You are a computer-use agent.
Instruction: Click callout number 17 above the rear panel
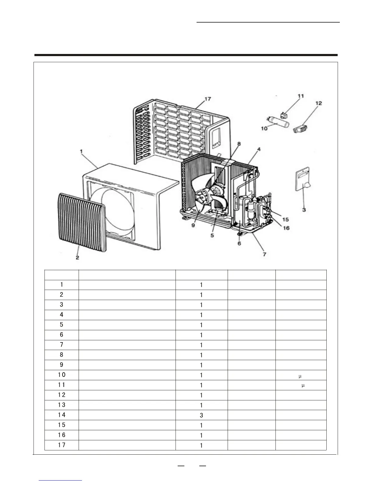(208, 99)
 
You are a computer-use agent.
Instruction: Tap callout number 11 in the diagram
(301, 96)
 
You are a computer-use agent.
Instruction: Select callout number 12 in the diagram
(318, 103)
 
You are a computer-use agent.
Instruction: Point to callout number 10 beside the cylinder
(264, 128)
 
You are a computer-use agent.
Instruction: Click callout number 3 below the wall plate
(304, 210)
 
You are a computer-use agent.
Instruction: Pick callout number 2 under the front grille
(77, 257)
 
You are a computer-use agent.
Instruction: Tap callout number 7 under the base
(265, 254)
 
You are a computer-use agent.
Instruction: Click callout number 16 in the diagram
(286, 228)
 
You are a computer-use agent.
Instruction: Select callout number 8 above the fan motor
(239, 144)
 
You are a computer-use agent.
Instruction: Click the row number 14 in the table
(62, 415)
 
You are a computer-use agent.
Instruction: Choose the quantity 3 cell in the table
(201, 415)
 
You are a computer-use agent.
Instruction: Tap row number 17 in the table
(62, 445)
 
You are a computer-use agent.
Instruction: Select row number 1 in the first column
(62, 284)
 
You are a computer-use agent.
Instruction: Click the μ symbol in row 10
(300, 375)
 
